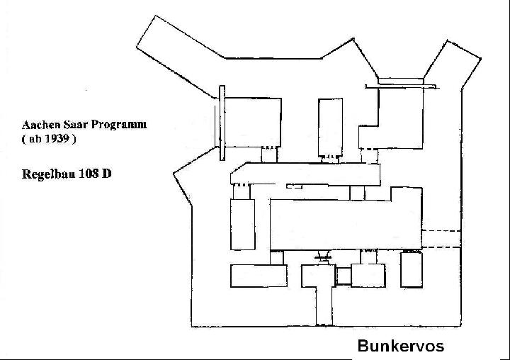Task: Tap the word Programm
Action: pos(119,125)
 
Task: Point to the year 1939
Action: pos(57,139)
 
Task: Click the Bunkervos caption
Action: pos(401,346)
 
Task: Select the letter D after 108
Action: pos(106,174)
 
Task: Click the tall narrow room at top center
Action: pos(331,128)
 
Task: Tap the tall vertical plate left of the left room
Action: pos(222,123)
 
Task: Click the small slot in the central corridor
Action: pos(294,186)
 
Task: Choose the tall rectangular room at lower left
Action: pos(243,224)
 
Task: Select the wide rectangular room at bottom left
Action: pos(259,276)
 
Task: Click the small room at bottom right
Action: pos(412,269)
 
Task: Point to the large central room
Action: pos(346,225)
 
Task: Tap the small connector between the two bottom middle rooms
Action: pos(344,276)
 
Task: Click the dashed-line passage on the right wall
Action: pos(441,239)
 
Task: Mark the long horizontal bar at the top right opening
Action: pos(402,86)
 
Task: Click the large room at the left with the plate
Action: pos(253,122)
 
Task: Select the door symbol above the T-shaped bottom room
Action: pos(323,257)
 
